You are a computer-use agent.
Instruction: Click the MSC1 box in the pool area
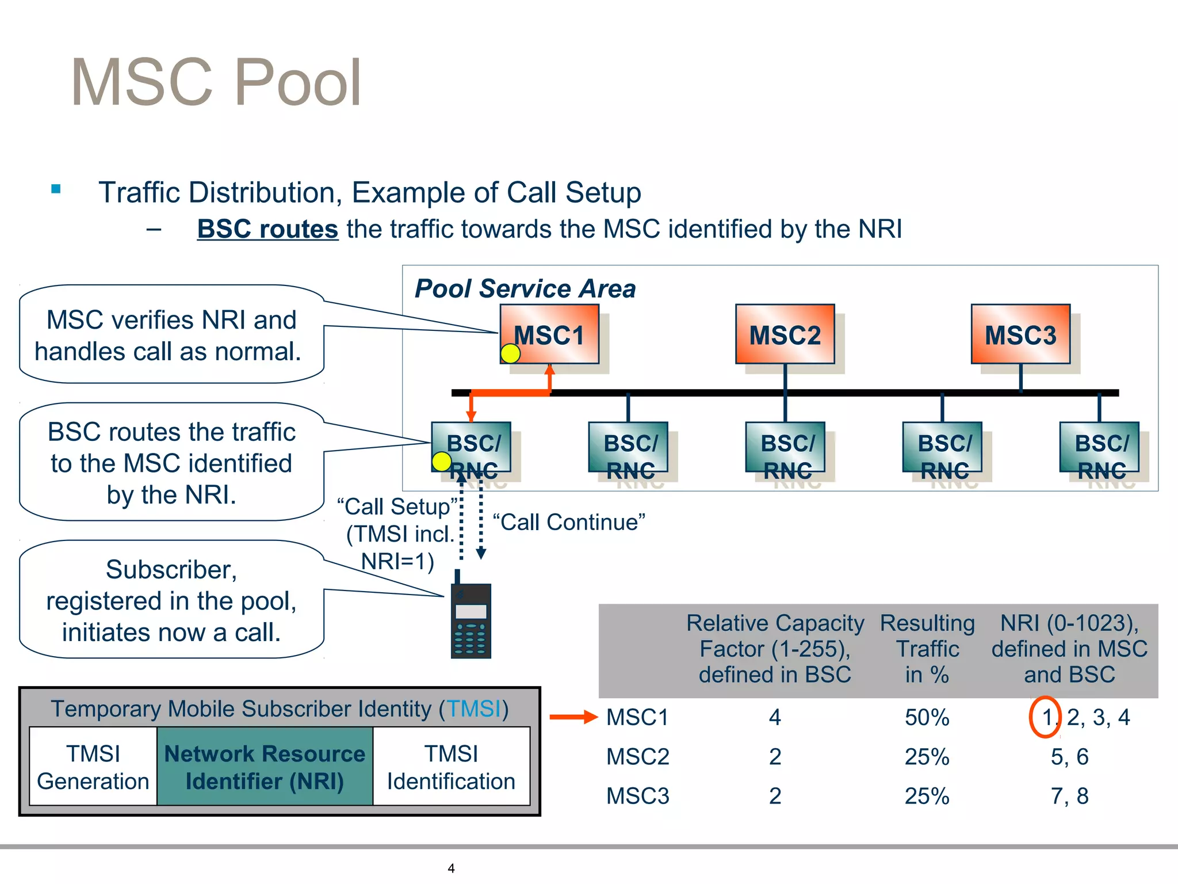(x=549, y=334)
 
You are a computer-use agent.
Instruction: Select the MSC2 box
(x=785, y=334)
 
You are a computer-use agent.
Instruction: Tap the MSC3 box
(x=1020, y=334)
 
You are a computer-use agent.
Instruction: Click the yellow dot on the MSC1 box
(x=510, y=353)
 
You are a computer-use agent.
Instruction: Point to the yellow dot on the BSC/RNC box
(x=441, y=461)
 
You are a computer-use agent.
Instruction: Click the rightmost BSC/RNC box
(x=1099, y=447)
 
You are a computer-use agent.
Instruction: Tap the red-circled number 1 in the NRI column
(x=1045, y=717)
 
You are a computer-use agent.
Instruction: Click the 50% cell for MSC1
(x=927, y=717)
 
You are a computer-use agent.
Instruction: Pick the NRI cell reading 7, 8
(x=1069, y=796)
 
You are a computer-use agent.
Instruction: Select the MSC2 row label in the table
(x=637, y=757)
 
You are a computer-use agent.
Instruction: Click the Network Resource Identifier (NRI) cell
(x=265, y=767)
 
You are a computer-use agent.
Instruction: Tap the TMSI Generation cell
(x=93, y=767)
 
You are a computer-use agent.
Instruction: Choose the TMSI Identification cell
(x=451, y=767)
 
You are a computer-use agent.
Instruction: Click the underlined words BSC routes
(x=267, y=229)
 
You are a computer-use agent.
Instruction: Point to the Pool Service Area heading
(x=525, y=288)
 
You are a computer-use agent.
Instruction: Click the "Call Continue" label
(x=569, y=522)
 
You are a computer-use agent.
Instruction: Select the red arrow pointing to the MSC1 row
(x=573, y=717)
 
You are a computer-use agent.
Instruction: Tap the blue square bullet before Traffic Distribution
(x=56, y=189)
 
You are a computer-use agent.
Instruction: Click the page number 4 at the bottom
(x=451, y=868)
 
